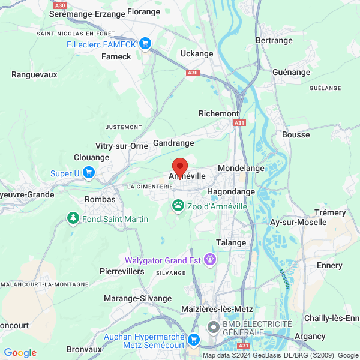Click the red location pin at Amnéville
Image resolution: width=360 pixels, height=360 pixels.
179,166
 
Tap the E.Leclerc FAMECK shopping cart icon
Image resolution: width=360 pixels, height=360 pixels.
145,43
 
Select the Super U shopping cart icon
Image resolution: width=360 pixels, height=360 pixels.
89,173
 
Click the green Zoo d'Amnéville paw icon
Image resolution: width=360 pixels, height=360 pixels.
179,206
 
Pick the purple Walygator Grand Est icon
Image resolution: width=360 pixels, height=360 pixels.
210,260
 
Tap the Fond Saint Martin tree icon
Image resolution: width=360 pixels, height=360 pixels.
73,218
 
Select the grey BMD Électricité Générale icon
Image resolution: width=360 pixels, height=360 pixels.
213,328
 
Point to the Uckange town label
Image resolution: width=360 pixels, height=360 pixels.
197,53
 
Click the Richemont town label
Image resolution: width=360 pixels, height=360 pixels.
218,113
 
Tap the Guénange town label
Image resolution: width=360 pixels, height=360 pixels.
291,72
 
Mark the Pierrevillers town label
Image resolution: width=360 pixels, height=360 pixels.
122,271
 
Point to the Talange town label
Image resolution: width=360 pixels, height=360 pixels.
231,242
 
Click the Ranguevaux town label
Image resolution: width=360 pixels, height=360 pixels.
34,74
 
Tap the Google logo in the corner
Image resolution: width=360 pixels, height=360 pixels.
20,353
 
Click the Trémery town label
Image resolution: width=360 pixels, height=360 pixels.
330,212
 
